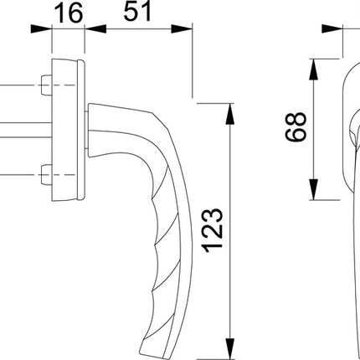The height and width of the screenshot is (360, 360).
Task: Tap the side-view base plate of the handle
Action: click(68, 130)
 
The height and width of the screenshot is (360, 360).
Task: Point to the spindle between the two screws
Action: click(25, 130)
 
